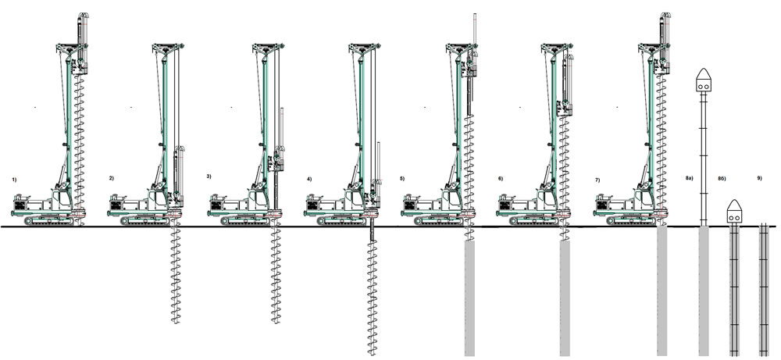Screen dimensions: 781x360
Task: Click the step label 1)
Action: click(x=14, y=179)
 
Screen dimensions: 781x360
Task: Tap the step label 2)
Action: click(x=111, y=178)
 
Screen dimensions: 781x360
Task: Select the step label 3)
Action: click(x=209, y=176)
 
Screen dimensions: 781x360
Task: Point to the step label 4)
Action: click(x=308, y=179)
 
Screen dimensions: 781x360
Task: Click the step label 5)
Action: click(x=402, y=178)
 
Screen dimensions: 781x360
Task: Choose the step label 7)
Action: click(x=597, y=179)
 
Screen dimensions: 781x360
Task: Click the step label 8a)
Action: click(x=689, y=178)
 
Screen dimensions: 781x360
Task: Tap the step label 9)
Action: click(x=759, y=178)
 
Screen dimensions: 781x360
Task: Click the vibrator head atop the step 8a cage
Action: click(x=704, y=80)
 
